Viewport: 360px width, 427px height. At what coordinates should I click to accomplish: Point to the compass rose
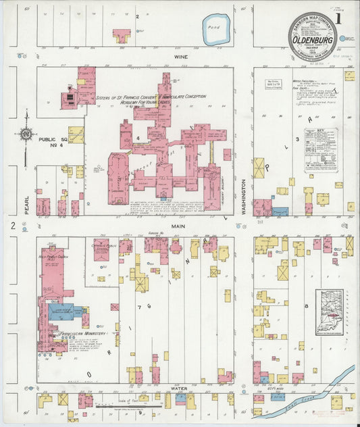26,134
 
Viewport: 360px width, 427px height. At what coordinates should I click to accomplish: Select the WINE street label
180,57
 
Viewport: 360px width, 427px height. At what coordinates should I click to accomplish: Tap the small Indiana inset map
329,312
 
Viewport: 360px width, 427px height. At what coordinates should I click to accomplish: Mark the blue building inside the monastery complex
65,311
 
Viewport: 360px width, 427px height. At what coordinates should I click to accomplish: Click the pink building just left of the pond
122,34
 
